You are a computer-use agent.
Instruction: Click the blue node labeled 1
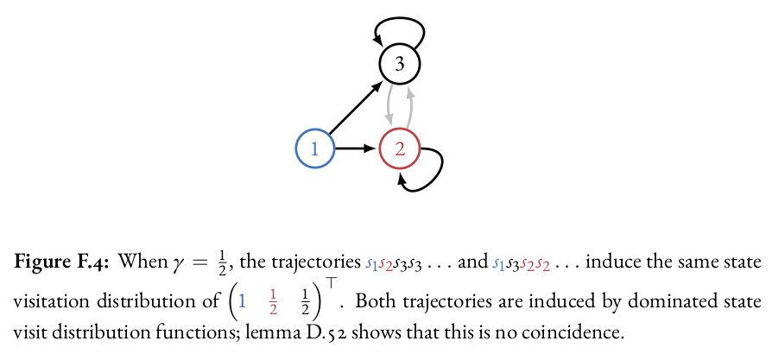pos(315,148)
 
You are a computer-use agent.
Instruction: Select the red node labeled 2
pos(399,148)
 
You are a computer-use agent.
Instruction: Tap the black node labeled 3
pos(399,63)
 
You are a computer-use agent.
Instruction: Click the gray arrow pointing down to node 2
pos(389,105)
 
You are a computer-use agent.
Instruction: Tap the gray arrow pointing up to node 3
pos(409,105)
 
